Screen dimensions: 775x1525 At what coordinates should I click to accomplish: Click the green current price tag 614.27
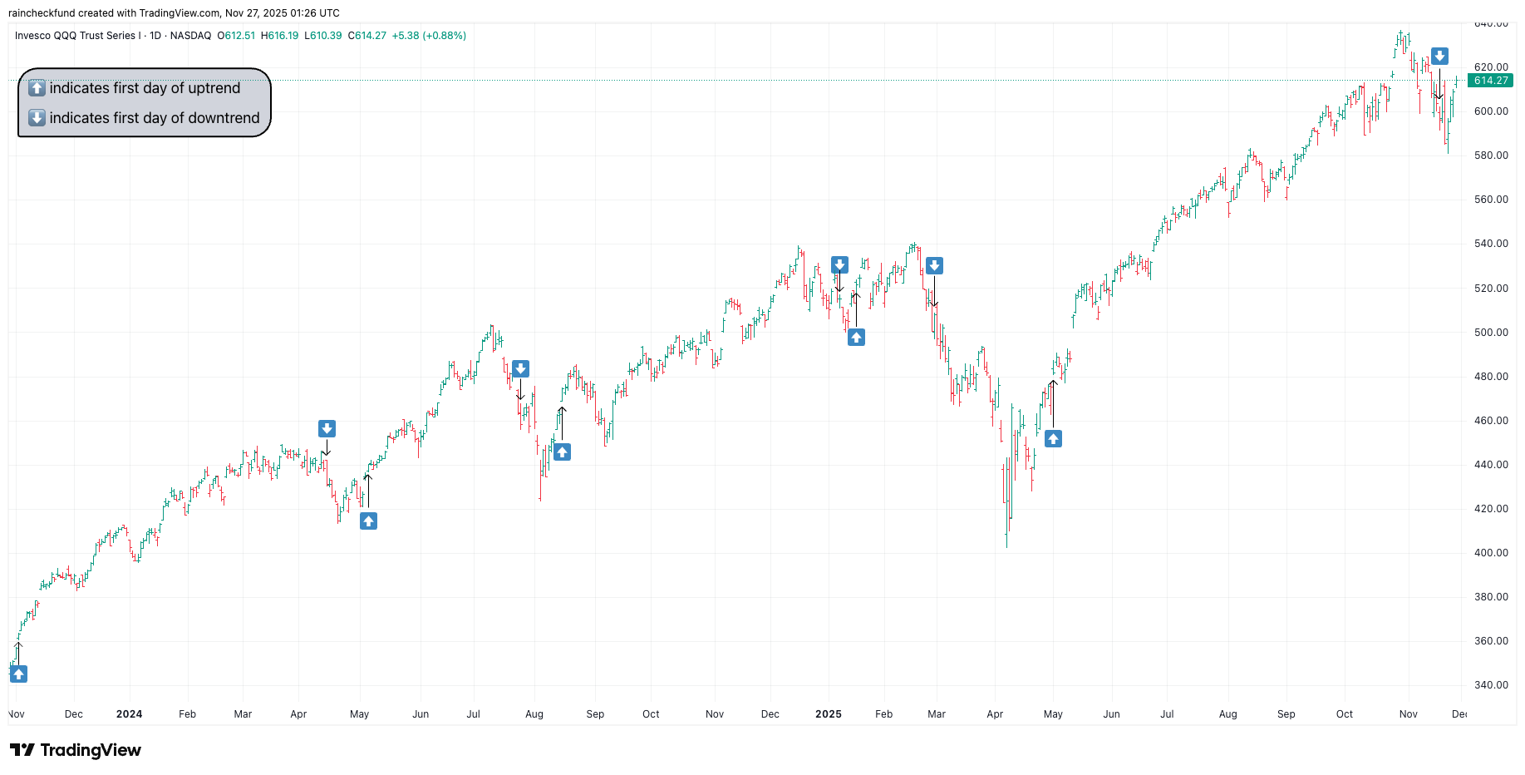pos(1490,81)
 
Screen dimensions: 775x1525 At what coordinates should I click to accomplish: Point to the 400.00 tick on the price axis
pos(1491,553)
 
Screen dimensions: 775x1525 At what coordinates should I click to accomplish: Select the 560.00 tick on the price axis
pos(1491,200)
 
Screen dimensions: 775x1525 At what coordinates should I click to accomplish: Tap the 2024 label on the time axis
pos(129,714)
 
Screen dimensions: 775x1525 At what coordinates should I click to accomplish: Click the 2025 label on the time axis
pos(828,714)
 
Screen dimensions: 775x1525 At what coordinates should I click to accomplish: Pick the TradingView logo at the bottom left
pos(76,750)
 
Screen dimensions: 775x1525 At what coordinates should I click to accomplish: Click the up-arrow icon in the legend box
pos(37,88)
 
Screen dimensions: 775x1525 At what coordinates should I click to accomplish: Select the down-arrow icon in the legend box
pos(37,118)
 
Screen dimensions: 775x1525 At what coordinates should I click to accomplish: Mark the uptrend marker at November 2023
pos(18,674)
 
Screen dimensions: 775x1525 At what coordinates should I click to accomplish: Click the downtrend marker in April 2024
pos(327,429)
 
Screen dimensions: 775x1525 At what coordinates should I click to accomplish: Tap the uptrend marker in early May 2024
pos(368,521)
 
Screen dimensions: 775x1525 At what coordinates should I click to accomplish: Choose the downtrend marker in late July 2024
pos(520,369)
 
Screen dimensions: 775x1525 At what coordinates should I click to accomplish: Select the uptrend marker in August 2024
pos(562,452)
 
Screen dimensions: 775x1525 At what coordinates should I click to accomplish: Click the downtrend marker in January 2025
pos(839,265)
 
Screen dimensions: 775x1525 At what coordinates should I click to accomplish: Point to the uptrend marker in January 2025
pos(856,338)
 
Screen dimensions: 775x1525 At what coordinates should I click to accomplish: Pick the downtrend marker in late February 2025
pos(934,266)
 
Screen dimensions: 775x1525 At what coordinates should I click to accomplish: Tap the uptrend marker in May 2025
pos(1053,439)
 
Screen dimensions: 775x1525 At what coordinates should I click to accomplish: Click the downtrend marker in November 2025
pos(1439,57)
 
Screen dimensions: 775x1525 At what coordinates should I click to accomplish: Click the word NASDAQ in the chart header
pos(190,36)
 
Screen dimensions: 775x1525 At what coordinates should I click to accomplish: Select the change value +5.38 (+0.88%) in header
pos(429,36)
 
